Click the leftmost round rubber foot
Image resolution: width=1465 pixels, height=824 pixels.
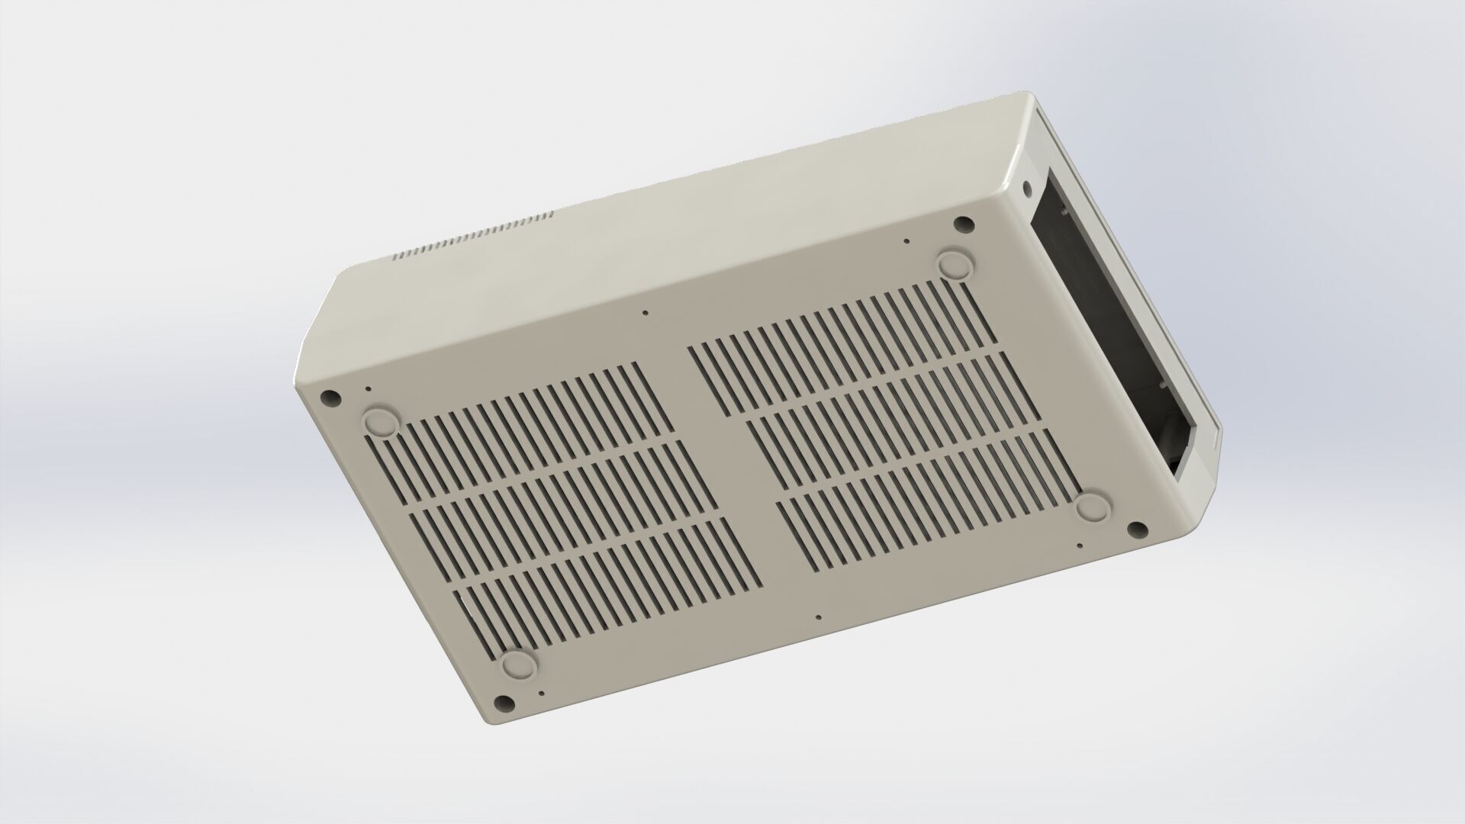coord(379,421)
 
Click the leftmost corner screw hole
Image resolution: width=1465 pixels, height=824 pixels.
coord(330,398)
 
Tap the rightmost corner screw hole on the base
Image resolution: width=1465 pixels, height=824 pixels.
coord(1135,529)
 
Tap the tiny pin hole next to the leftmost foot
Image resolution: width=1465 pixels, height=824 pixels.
coord(369,389)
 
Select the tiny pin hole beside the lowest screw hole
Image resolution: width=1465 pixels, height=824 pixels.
coord(541,694)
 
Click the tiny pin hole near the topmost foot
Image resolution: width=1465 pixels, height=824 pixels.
coord(906,242)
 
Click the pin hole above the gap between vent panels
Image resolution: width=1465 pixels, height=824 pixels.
coord(646,313)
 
